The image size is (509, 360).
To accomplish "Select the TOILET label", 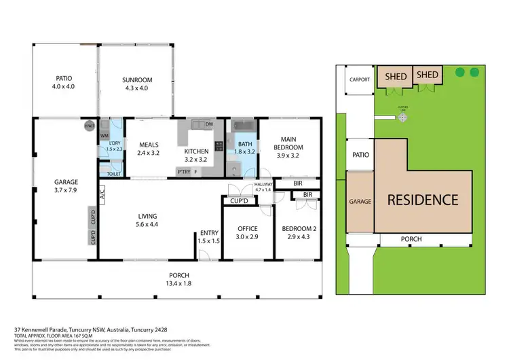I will tap(114, 174).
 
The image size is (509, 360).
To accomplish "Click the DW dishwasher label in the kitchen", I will tap(209, 125).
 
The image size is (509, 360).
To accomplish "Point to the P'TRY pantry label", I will tap(183, 172).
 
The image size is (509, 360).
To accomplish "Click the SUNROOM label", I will tap(137, 80).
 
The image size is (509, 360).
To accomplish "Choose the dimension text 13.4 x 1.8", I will tap(175, 283).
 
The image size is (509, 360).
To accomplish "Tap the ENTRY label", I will tap(208, 233).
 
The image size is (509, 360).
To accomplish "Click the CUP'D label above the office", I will tap(239, 201).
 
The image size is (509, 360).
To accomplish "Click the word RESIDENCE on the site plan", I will tap(423, 200).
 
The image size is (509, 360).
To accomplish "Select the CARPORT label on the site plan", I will tap(360, 79).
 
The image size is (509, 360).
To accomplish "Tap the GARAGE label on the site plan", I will tap(360, 202).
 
